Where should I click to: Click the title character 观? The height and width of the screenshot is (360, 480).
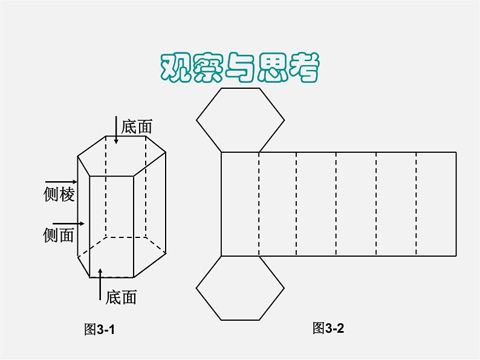tap(176, 68)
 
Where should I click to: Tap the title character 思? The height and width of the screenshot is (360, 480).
tap(272, 68)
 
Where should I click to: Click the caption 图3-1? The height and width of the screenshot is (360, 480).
tap(99, 329)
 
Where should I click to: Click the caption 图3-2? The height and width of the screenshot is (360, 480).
tap(328, 328)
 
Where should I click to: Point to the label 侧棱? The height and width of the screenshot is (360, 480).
tap(59, 194)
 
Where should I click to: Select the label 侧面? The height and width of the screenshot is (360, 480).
tap(59, 235)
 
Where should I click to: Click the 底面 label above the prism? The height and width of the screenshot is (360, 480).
tap(137, 127)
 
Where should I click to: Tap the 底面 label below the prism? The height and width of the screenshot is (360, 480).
tap(121, 297)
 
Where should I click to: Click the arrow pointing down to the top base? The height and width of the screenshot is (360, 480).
tap(116, 130)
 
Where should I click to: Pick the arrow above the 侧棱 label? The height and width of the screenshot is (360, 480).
tap(61, 182)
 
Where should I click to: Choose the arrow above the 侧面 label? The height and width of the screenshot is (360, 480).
tap(68, 223)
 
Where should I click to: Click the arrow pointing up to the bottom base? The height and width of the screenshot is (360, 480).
tap(100, 284)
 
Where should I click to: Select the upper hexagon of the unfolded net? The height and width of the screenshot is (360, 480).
tap(241, 120)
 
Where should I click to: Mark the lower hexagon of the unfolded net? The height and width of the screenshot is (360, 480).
tap(241, 288)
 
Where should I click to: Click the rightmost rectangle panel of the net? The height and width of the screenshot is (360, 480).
tap(436, 204)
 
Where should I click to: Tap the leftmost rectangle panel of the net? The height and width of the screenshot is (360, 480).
tap(240, 204)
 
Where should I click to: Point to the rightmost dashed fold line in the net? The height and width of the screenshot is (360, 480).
tap(417, 204)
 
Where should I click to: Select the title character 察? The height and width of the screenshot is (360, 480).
tap(208, 68)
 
